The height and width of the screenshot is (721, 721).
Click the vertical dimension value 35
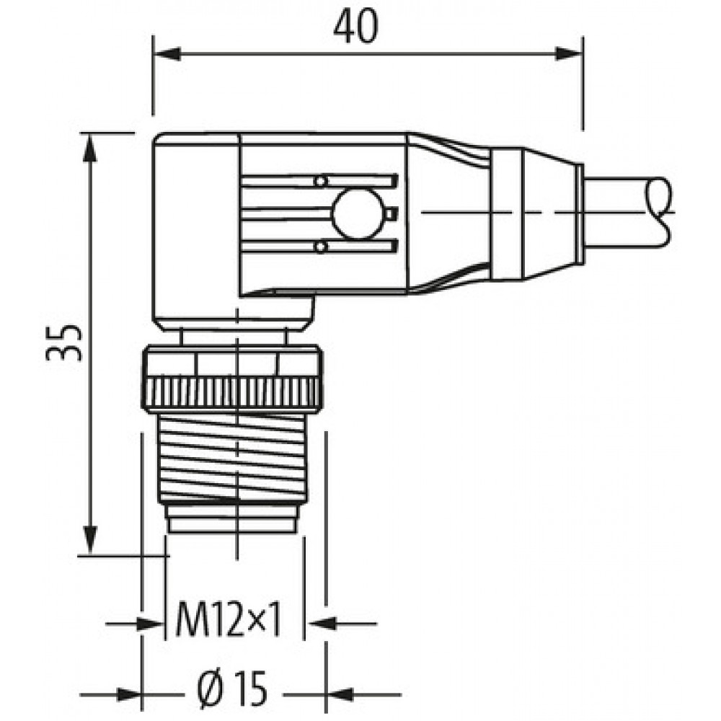click(x=64, y=342)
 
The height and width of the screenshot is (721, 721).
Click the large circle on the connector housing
click(x=358, y=214)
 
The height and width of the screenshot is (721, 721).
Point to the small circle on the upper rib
click(x=322, y=181)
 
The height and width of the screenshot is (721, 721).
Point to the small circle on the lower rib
click(x=321, y=247)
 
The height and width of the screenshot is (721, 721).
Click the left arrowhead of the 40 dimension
click(x=166, y=53)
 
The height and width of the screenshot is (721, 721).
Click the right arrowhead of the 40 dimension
click(x=570, y=53)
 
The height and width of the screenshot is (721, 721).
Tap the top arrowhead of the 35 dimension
click(x=91, y=146)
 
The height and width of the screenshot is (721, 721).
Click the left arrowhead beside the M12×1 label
click(x=151, y=624)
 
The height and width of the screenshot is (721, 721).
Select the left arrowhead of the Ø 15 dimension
click(x=129, y=694)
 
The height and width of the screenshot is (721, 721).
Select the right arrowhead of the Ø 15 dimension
click(x=339, y=694)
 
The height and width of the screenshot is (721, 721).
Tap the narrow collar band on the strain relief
click(x=506, y=213)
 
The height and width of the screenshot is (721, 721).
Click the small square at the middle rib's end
click(x=392, y=213)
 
